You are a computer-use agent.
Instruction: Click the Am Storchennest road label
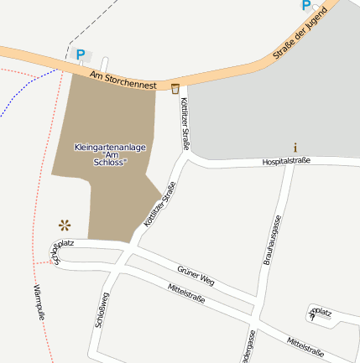[123, 80]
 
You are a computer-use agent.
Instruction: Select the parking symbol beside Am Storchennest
[81, 55]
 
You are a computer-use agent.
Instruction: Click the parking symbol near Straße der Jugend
[305, 5]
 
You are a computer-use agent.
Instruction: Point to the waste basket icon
[175, 88]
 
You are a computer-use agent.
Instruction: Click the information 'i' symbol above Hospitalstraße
[295, 147]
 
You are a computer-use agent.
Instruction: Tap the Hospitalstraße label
[285, 160]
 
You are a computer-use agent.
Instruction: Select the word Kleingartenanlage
[110, 148]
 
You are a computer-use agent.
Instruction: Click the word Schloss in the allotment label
[112, 163]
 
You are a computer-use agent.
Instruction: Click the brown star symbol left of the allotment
[64, 224]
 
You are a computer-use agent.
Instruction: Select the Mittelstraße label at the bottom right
[305, 346]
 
